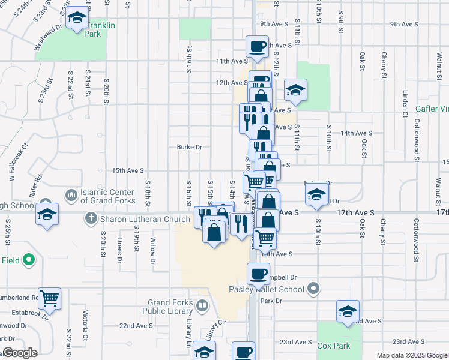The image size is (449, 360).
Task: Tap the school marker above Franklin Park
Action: coord(77,20)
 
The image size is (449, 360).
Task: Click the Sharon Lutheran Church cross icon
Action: coord(91,218)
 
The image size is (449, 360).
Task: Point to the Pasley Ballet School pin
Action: coord(313,290)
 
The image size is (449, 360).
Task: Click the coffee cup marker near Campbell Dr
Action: coord(258,274)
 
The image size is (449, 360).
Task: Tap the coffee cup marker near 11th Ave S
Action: coord(257,46)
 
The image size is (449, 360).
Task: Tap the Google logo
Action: coord(20,353)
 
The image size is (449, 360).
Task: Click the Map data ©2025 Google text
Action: coord(411,355)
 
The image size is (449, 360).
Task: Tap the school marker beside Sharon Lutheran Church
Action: coord(46,215)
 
